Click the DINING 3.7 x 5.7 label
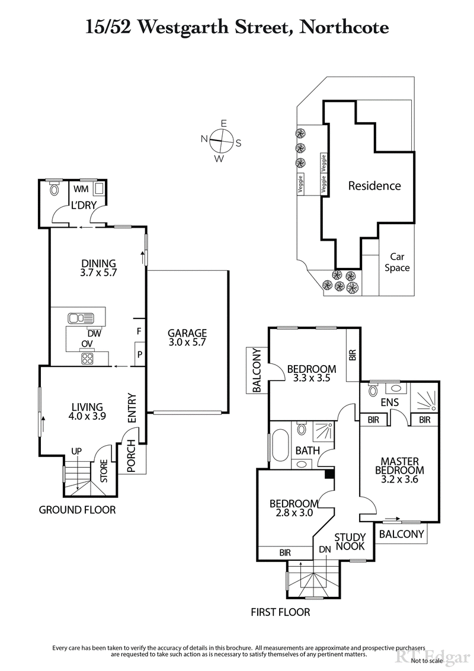pos(98,269)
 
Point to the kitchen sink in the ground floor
pos(78,318)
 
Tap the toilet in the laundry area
pos(55,190)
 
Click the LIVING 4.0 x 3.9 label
pos(88,411)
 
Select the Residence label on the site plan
pos(374,186)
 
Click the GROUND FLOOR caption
pos(77,510)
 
